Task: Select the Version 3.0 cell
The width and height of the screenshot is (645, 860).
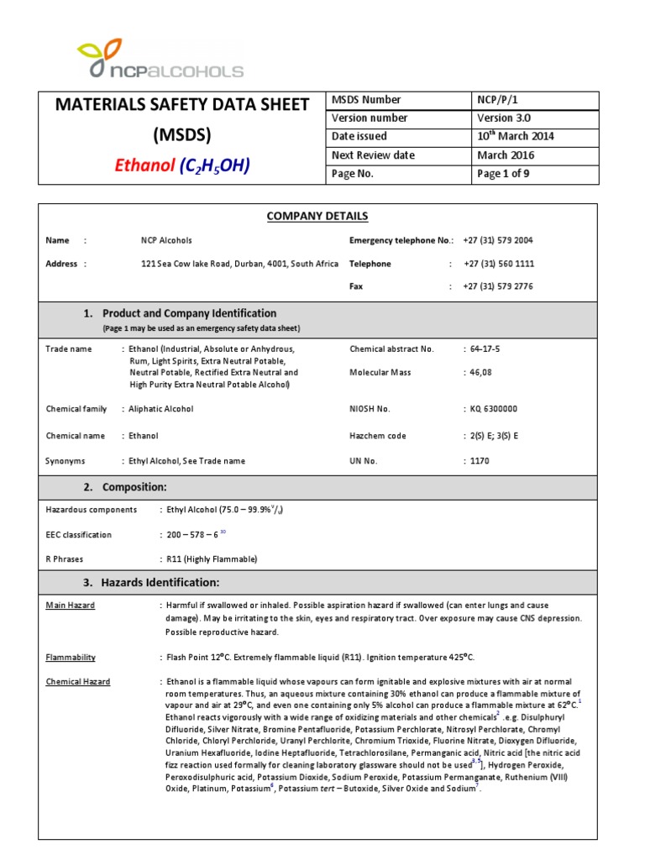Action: (x=504, y=118)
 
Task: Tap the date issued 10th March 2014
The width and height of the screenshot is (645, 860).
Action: (x=515, y=136)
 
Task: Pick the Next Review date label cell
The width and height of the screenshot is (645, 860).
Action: (x=373, y=155)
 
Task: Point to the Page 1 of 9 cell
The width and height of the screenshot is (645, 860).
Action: (x=503, y=174)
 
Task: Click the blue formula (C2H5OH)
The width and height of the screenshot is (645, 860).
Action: (x=213, y=165)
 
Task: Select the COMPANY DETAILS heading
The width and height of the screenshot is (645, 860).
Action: (x=317, y=217)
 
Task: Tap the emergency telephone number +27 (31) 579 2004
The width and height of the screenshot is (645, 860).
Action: (x=497, y=240)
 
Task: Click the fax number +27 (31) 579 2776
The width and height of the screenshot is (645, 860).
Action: (x=497, y=286)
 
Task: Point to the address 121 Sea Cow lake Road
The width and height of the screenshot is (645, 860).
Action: (x=239, y=264)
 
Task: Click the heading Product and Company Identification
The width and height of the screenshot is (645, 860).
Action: (x=189, y=313)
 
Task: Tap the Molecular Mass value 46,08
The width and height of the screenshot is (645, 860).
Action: (x=475, y=371)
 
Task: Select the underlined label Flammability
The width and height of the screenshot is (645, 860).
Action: (x=71, y=658)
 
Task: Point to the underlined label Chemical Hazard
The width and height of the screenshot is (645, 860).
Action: (x=77, y=682)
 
